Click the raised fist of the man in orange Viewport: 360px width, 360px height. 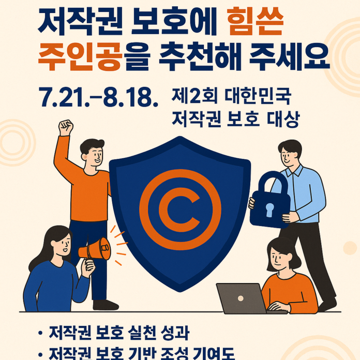click(66, 127)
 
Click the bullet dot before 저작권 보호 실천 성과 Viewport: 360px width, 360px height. click(40, 332)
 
